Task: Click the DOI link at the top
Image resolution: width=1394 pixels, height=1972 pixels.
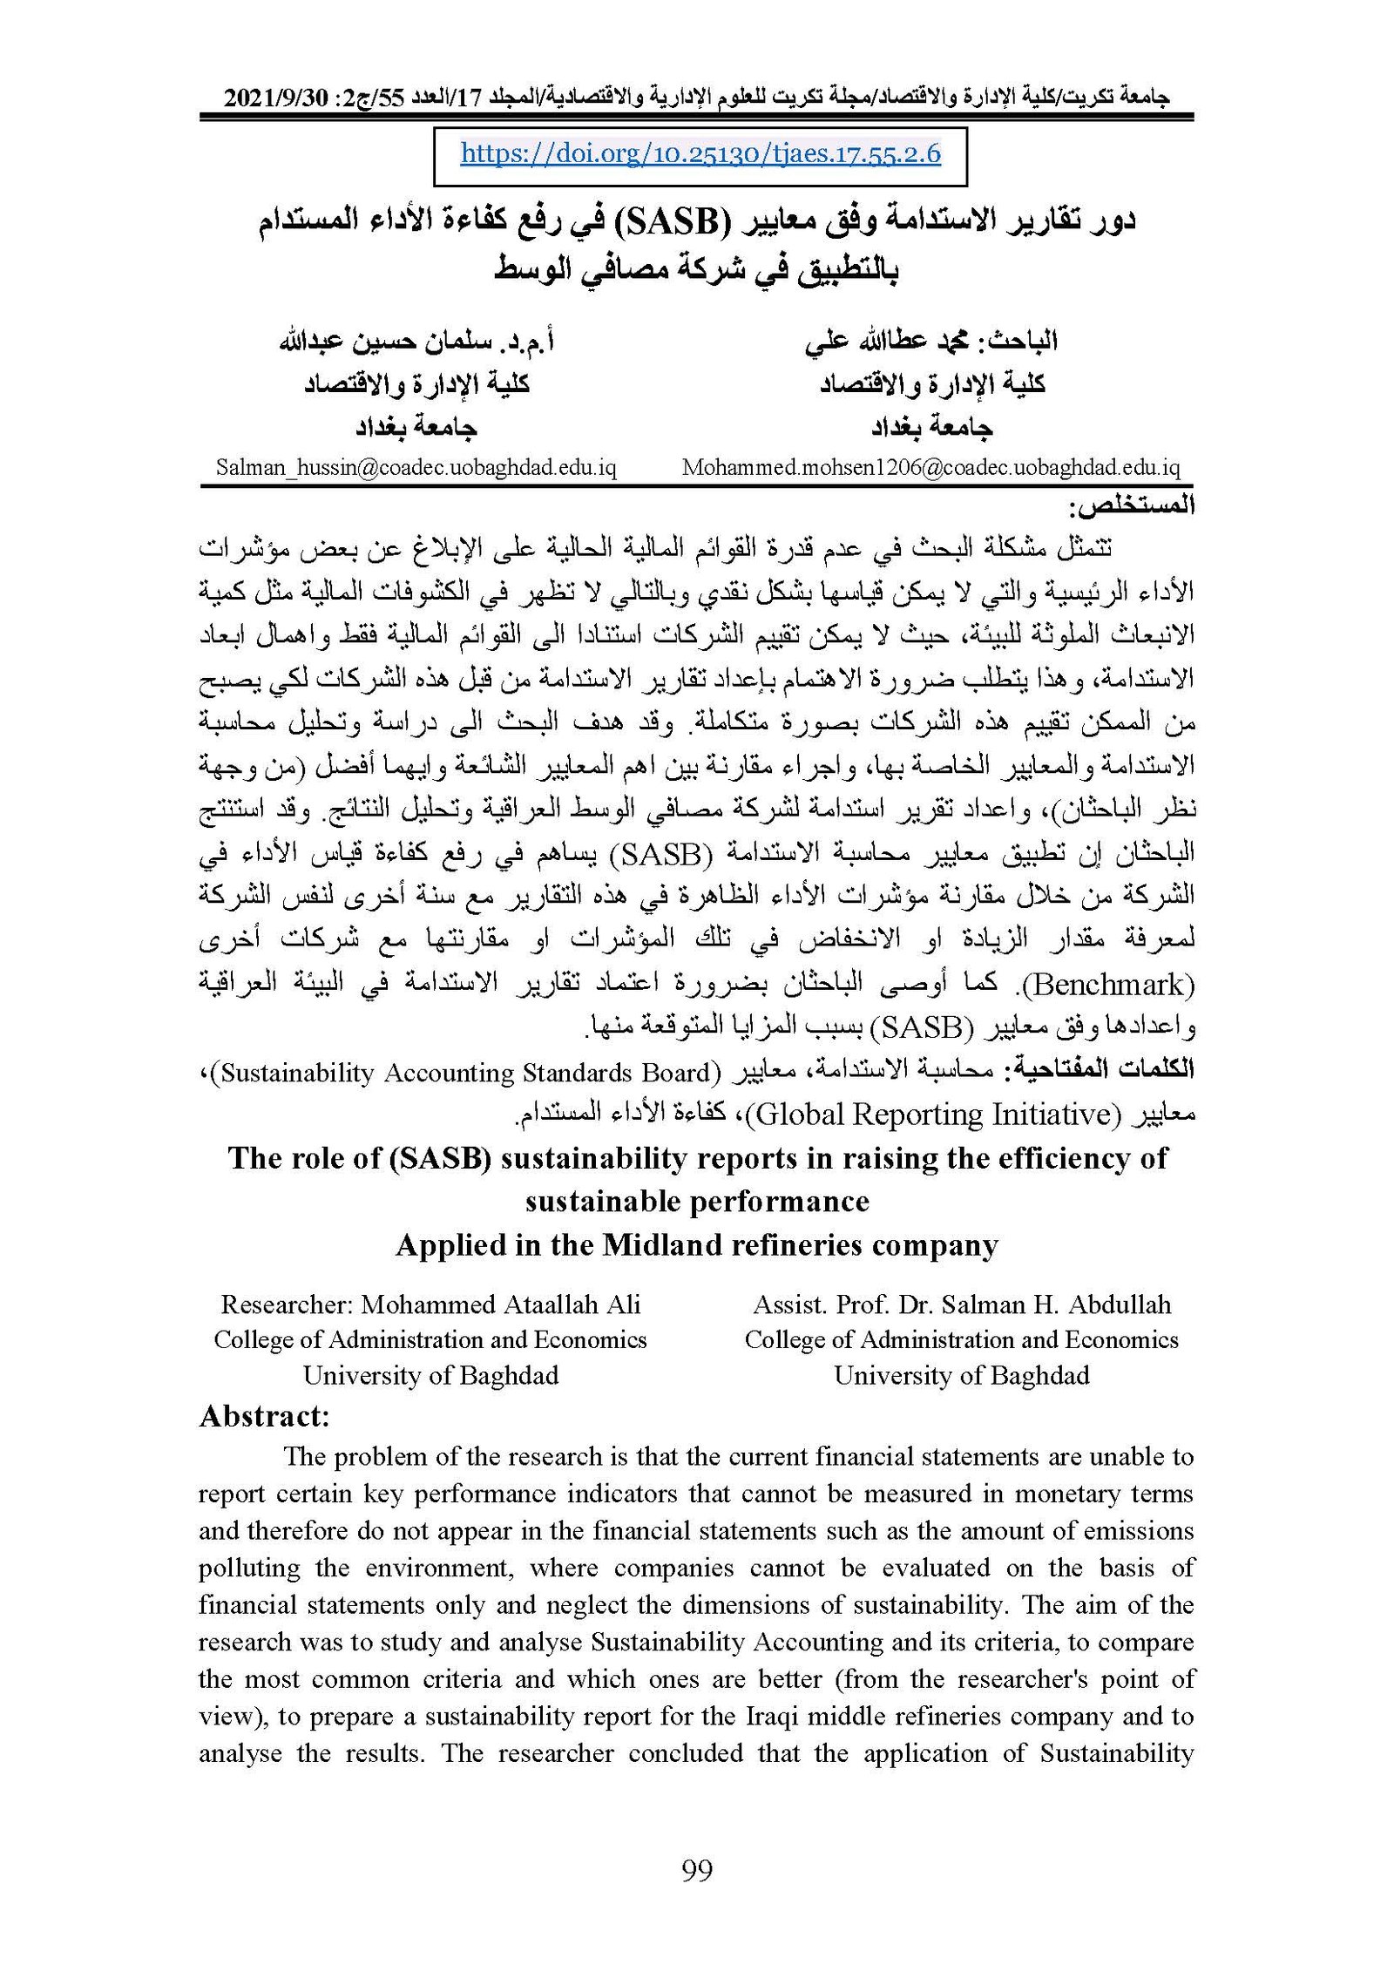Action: click(700, 154)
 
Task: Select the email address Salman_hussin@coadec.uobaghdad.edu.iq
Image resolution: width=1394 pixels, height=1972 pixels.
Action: click(416, 468)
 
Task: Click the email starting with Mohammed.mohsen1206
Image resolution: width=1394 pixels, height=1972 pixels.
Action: click(930, 468)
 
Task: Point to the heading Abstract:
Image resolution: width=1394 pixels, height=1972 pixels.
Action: click(264, 1416)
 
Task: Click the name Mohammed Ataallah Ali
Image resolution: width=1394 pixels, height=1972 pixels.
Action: click(500, 1305)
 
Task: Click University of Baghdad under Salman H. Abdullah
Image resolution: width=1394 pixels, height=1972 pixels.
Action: click(961, 1376)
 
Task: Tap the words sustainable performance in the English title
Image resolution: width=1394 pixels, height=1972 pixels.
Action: click(697, 1202)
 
